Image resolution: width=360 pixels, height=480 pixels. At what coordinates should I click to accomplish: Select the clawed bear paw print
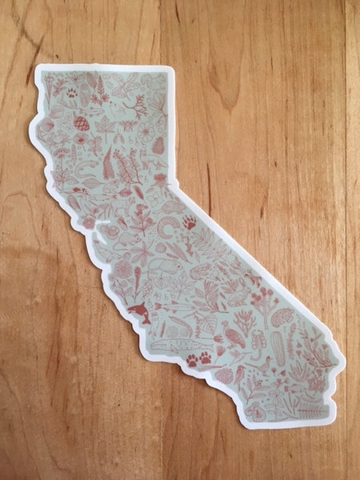pos(189,222)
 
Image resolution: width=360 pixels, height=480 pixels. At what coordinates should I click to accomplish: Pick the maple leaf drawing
pos(106,126)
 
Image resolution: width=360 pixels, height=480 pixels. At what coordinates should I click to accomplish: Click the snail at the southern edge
pos(255,410)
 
